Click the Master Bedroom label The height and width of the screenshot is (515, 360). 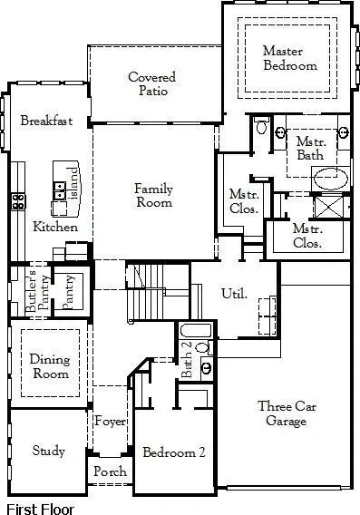pos(290,58)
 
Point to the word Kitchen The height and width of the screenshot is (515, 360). pos(55,227)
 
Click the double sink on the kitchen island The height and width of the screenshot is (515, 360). pos(60,190)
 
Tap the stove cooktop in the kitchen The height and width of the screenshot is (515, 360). pos(17,201)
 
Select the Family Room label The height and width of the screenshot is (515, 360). pos(153,196)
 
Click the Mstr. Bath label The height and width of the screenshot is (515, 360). pos(310,147)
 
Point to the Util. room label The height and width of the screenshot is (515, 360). pos(234,293)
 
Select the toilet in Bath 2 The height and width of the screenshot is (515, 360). pos(205,345)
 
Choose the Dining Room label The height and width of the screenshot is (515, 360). pos(49,366)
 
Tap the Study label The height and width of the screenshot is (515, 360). pos(48,451)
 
